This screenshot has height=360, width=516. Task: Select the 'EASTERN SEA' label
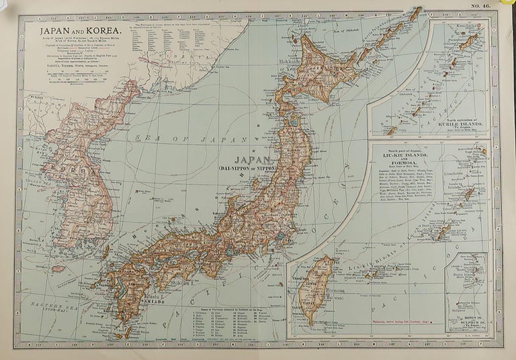click(49, 306)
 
